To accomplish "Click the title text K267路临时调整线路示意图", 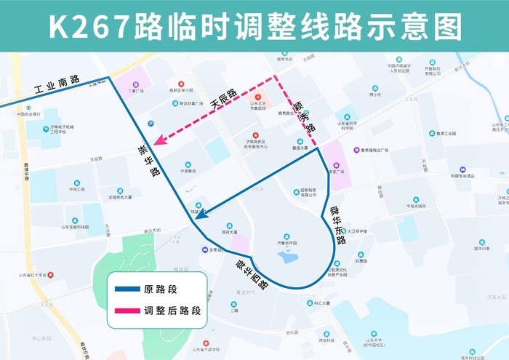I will click(x=254, y=26).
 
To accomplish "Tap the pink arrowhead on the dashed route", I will click(x=155, y=143).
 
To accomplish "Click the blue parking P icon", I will click(x=150, y=123).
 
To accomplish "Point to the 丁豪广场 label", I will click(x=136, y=92).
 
